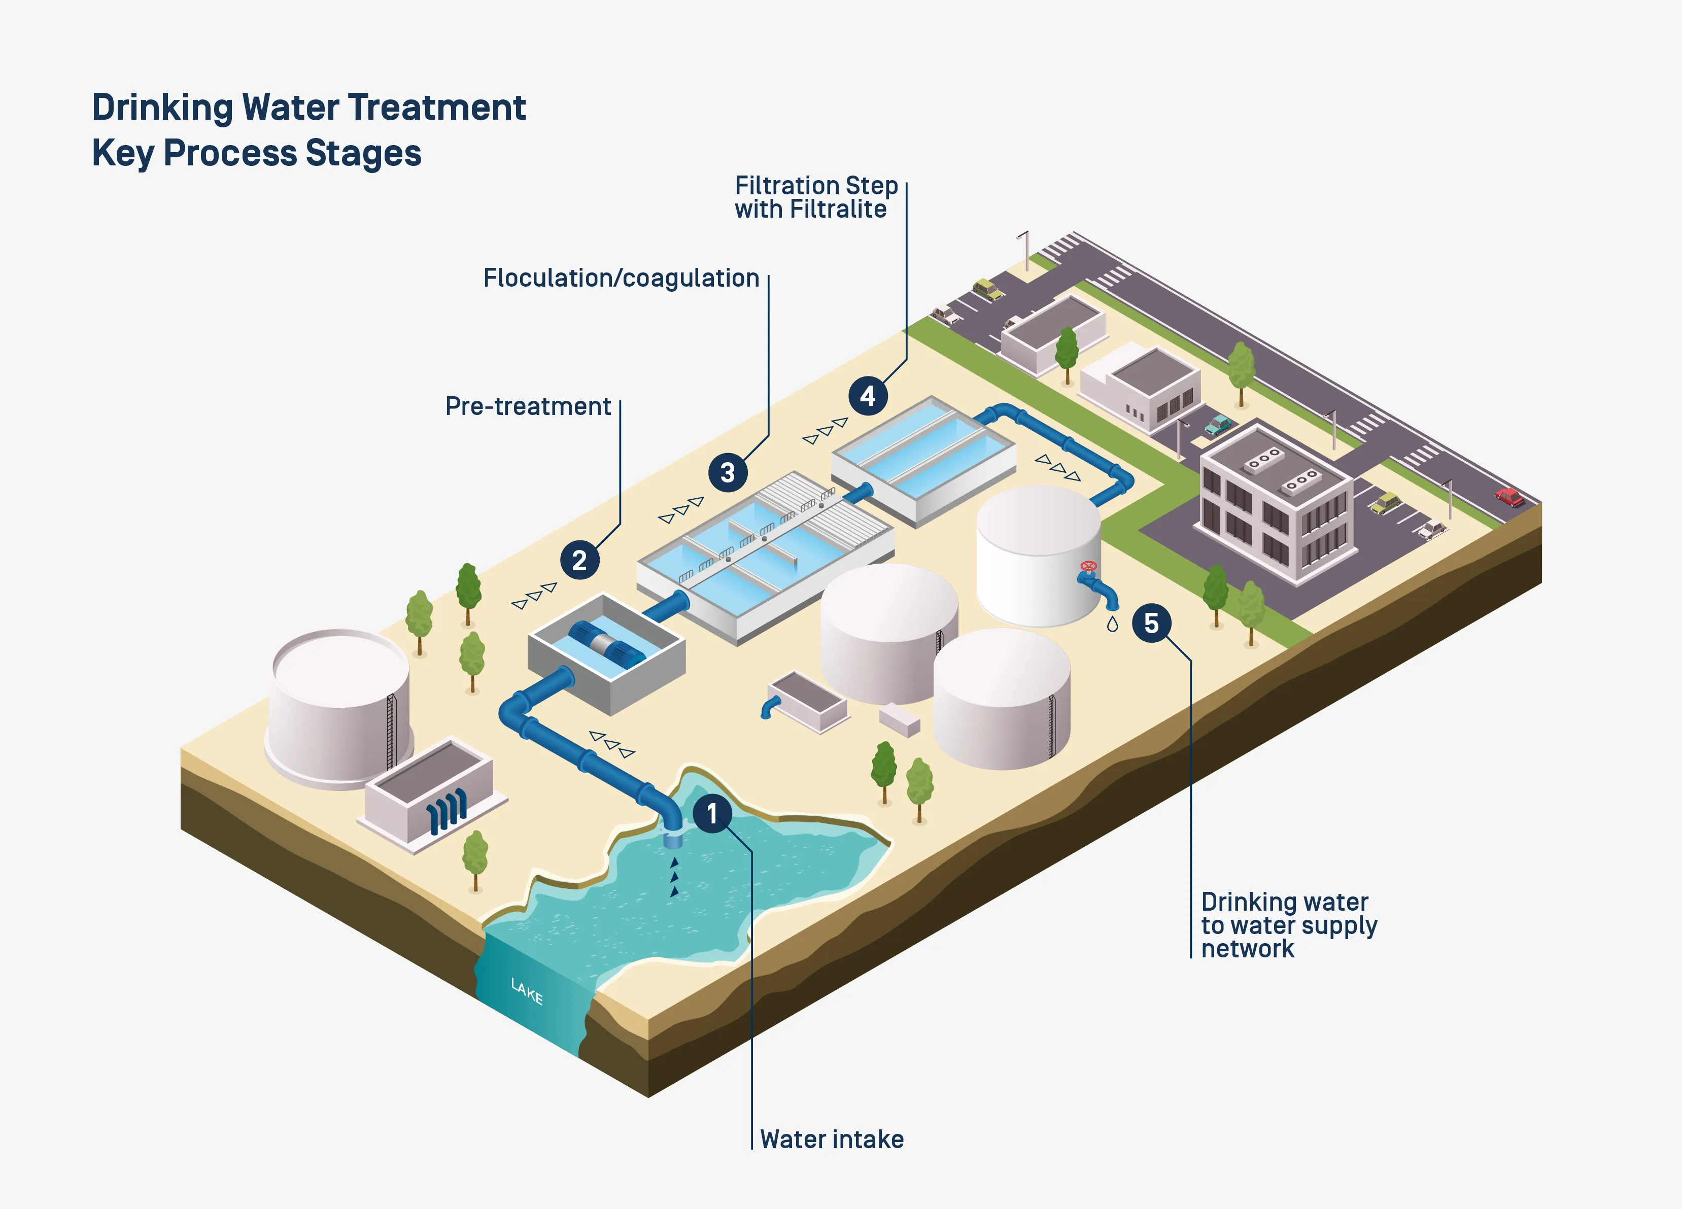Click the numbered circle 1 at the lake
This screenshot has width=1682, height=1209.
(x=712, y=814)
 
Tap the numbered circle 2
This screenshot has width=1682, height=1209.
(x=579, y=560)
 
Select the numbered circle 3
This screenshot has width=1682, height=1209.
(x=728, y=472)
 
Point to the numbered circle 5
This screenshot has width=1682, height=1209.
(x=1151, y=623)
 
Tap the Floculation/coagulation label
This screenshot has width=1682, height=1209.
(x=621, y=278)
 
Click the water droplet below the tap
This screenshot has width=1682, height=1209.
(x=1112, y=625)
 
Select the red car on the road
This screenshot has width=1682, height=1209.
(x=1508, y=496)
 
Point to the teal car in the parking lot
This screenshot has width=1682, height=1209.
(x=1218, y=425)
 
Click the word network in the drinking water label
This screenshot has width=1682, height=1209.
(x=1247, y=949)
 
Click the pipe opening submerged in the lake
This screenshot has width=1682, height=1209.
(x=673, y=840)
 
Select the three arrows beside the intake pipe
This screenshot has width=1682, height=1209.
(x=612, y=744)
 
